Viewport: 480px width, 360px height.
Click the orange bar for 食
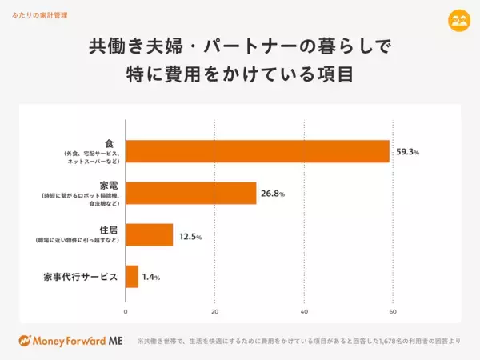click(x=258, y=151)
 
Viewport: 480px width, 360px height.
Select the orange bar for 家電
click(x=191, y=193)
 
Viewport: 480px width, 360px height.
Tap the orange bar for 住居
click(x=150, y=234)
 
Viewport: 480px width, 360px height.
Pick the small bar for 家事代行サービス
click(x=132, y=277)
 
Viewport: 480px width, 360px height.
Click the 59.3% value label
click(x=407, y=151)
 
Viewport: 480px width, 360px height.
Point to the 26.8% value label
click(x=272, y=194)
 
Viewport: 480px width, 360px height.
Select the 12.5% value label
click(x=189, y=236)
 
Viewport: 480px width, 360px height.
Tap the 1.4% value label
click(x=151, y=278)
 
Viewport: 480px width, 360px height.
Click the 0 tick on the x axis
click(x=126, y=310)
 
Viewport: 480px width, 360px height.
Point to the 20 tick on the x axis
click(x=214, y=310)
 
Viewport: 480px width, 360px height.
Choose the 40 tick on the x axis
click(x=304, y=310)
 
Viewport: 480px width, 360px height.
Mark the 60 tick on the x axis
click(x=393, y=310)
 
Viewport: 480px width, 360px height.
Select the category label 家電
click(x=104, y=185)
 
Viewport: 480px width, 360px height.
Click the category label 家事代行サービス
click(x=81, y=277)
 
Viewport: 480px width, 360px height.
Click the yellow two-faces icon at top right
click(x=458, y=20)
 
